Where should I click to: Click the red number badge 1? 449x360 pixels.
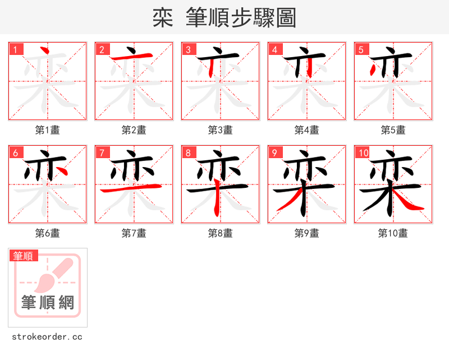pyautogui.click(x=15, y=49)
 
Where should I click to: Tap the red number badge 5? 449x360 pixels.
pyautogui.click(x=361, y=49)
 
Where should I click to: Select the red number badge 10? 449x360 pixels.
pyautogui.click(x=363, y=153)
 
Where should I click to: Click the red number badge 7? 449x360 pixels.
pyautogui.click(x=102, y=153)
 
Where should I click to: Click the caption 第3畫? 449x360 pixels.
pyautogui.click(x=220, y=130)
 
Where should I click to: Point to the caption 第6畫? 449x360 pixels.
pyautogui.click(x=47, y=233)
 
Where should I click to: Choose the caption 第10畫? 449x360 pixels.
pyautogui.click(x=393, y=233)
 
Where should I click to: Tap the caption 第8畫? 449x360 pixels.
pyautogui.click(x=220, y=233)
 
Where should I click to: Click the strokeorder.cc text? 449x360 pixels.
pyautogui.click(x=47, y=337)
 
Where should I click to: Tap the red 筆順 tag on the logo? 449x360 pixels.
pyautogui.click(x=24, y=256)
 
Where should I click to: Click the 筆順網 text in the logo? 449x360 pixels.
pyautogui.click(x=48, y=303)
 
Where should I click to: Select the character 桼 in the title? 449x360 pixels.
pyautogui.click(x=162, y=18)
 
